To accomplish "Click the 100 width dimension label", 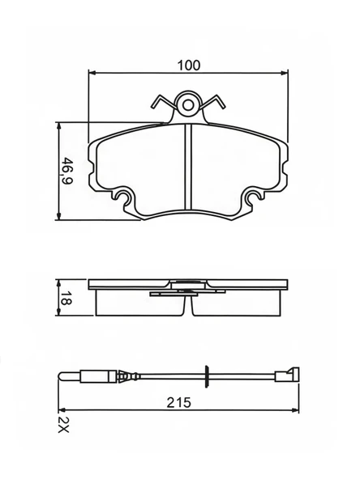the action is pyautogui.click(x=189, y=65).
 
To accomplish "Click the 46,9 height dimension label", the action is pyautogui.click(x=66, y=171).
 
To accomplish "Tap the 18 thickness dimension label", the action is pyautogui.click(x=66, y=298).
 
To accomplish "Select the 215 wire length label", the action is pyautogui.click(x=178, y=402).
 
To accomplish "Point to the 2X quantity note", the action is pyautogui.click(x=64, y=425).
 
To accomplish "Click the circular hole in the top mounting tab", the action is pyautogui.click(x=188, y=105).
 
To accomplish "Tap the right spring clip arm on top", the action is pyautogui.click(x=213, y=102).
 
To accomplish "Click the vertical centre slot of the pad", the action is pyautogui.click(x=188, y=167).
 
